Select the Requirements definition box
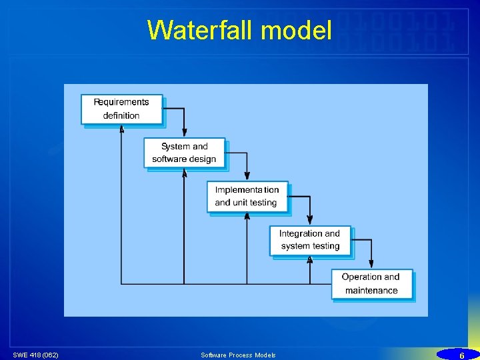coord(121,109)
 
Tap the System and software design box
coord(184,153)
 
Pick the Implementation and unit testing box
coord(247,196)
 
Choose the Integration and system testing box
coord(309,240)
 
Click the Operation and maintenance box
coord(371,283)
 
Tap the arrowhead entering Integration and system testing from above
coord(309,221)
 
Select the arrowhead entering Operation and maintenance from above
coord(371,265)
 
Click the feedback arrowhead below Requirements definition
coord(121,129)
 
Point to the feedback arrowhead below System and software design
coord(184,173)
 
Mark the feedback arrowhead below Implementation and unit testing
coord(247,216)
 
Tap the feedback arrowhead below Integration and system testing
coord(309,260)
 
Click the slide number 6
coord(461,355)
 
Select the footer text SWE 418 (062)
coord(35,355)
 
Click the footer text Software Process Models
coord(238,355)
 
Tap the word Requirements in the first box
coord(121,102)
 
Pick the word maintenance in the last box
coord(371,291)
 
